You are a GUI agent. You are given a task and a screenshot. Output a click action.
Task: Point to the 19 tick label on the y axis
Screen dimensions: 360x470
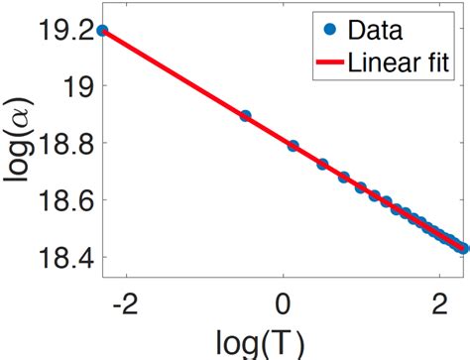click(76, 87)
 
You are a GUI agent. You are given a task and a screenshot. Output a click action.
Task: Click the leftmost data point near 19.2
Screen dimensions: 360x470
click(103, 31)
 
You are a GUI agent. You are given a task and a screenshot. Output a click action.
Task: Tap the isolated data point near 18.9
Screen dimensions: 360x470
click(245, 116)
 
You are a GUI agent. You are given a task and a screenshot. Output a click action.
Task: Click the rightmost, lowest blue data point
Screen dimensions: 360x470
click(461, 249)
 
